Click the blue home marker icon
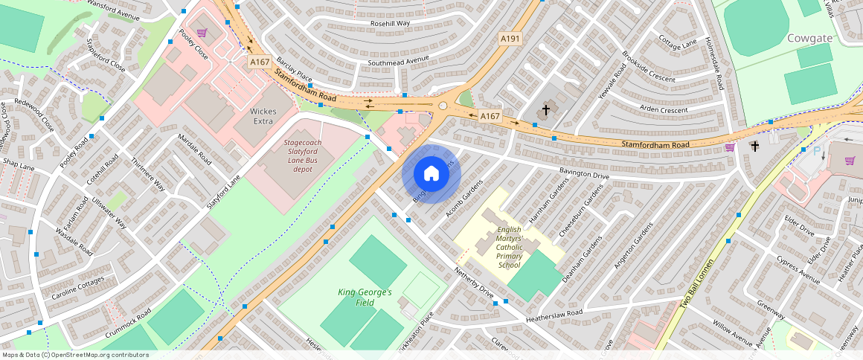[x=431, y=174]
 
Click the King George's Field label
[x=365, y=297]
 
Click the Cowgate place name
[x=809, y=37]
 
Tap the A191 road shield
[x=510, y=39]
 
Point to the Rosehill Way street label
[x=391, y=23]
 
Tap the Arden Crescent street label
[x=664, y=109]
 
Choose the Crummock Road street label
[x=128, y=324]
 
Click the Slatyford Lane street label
[x=224, y=191]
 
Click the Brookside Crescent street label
[x=649, y=68]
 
